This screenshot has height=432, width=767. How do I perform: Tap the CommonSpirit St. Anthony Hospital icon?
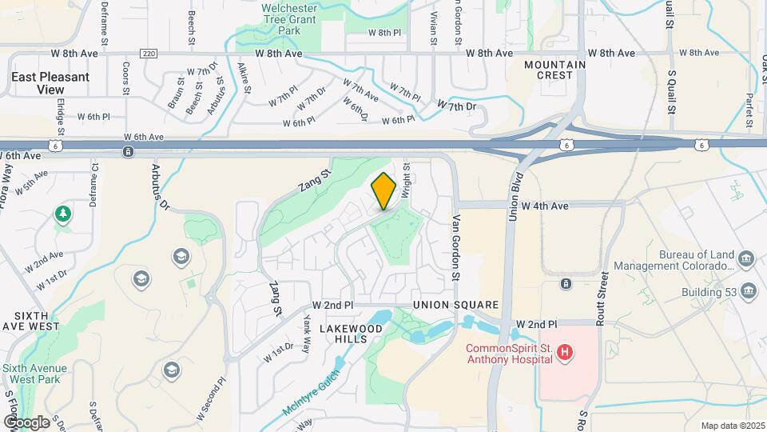click(x=565, y=352)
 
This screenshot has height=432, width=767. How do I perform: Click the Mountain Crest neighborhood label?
click(x=550, y=69)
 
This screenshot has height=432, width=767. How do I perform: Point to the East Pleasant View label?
click(x=50, y=83)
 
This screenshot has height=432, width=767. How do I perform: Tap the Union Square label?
click(x=455, y=305)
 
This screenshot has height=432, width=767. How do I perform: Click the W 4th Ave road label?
click(x=545, y=206)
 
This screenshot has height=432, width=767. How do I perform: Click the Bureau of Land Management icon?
click(x=746, y=258)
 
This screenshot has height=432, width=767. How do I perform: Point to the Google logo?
click(x=26, y=422)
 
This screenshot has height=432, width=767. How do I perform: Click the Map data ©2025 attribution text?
click(x=732, y=426)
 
